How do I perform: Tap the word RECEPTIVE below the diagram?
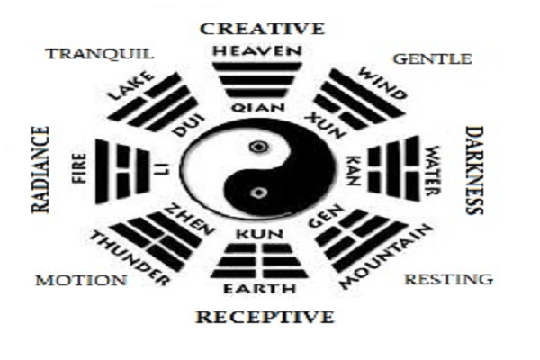265,317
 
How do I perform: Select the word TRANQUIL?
100,53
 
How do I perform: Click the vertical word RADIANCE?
40,169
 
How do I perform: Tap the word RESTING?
448,279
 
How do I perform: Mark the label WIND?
376,83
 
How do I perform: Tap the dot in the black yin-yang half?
260,192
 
